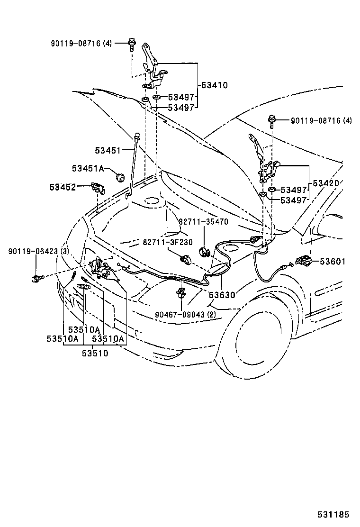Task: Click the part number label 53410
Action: [x=214, y=85]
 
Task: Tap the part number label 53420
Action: [x=326, y=183]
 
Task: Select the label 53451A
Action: [x=88, y=168]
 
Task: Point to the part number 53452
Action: [x=63, y=187]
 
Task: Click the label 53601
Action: [x=332, y=262]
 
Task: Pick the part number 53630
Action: [x=222, y=295]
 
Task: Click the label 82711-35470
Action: [x=203, y=222]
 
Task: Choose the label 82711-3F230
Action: [x=168, y=242]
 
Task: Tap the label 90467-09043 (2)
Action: [x=185, y=315]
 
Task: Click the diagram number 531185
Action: [x=333, y=515]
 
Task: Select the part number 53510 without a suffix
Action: [x=95, y=354]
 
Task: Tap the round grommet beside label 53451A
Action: [x=120, y=176]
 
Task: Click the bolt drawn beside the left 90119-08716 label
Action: [x=131, y=45]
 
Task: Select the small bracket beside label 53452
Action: [x=98, y=188]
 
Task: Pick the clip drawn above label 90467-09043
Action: [x=182, y=293]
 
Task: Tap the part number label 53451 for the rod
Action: [x=108, y=151]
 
